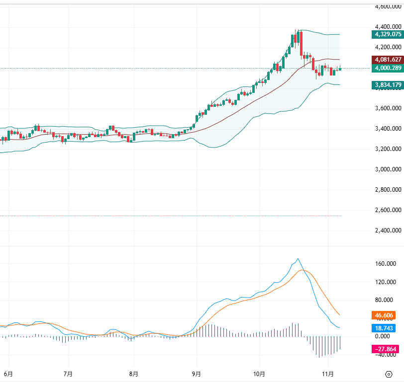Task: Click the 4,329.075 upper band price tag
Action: click(387, 34)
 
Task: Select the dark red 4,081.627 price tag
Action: click(387, 59)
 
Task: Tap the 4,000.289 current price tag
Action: click(387, 68)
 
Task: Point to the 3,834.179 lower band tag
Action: click(387, 85)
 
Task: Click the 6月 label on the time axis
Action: click(8, 373)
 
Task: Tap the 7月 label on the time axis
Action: click(69, 373)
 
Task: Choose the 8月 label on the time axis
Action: click(133, 373)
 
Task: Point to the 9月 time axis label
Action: click(197, 373)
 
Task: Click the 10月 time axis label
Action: click(260, 373)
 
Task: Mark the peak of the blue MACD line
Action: click(298, 259)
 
